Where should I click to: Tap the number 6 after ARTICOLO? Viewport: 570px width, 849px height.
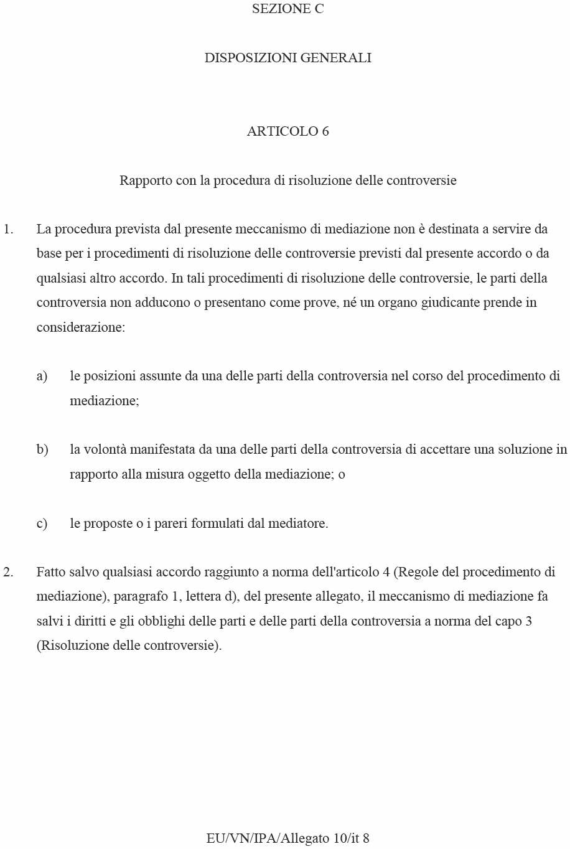click(x=325, y=131)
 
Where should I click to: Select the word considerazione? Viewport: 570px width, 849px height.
click(x=80, y=327)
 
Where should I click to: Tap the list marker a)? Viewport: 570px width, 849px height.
click(x=42, y=376)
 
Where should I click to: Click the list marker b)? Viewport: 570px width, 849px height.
click(x=42, y=449)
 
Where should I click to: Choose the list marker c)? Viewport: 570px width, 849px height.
click(x=42, y=523)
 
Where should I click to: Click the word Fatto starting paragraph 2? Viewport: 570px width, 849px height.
click(x=51, y=572)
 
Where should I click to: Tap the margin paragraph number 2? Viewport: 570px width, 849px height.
click(x=7, y=572)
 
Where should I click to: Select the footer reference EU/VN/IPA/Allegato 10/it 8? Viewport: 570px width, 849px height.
click(x=287, y=838)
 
